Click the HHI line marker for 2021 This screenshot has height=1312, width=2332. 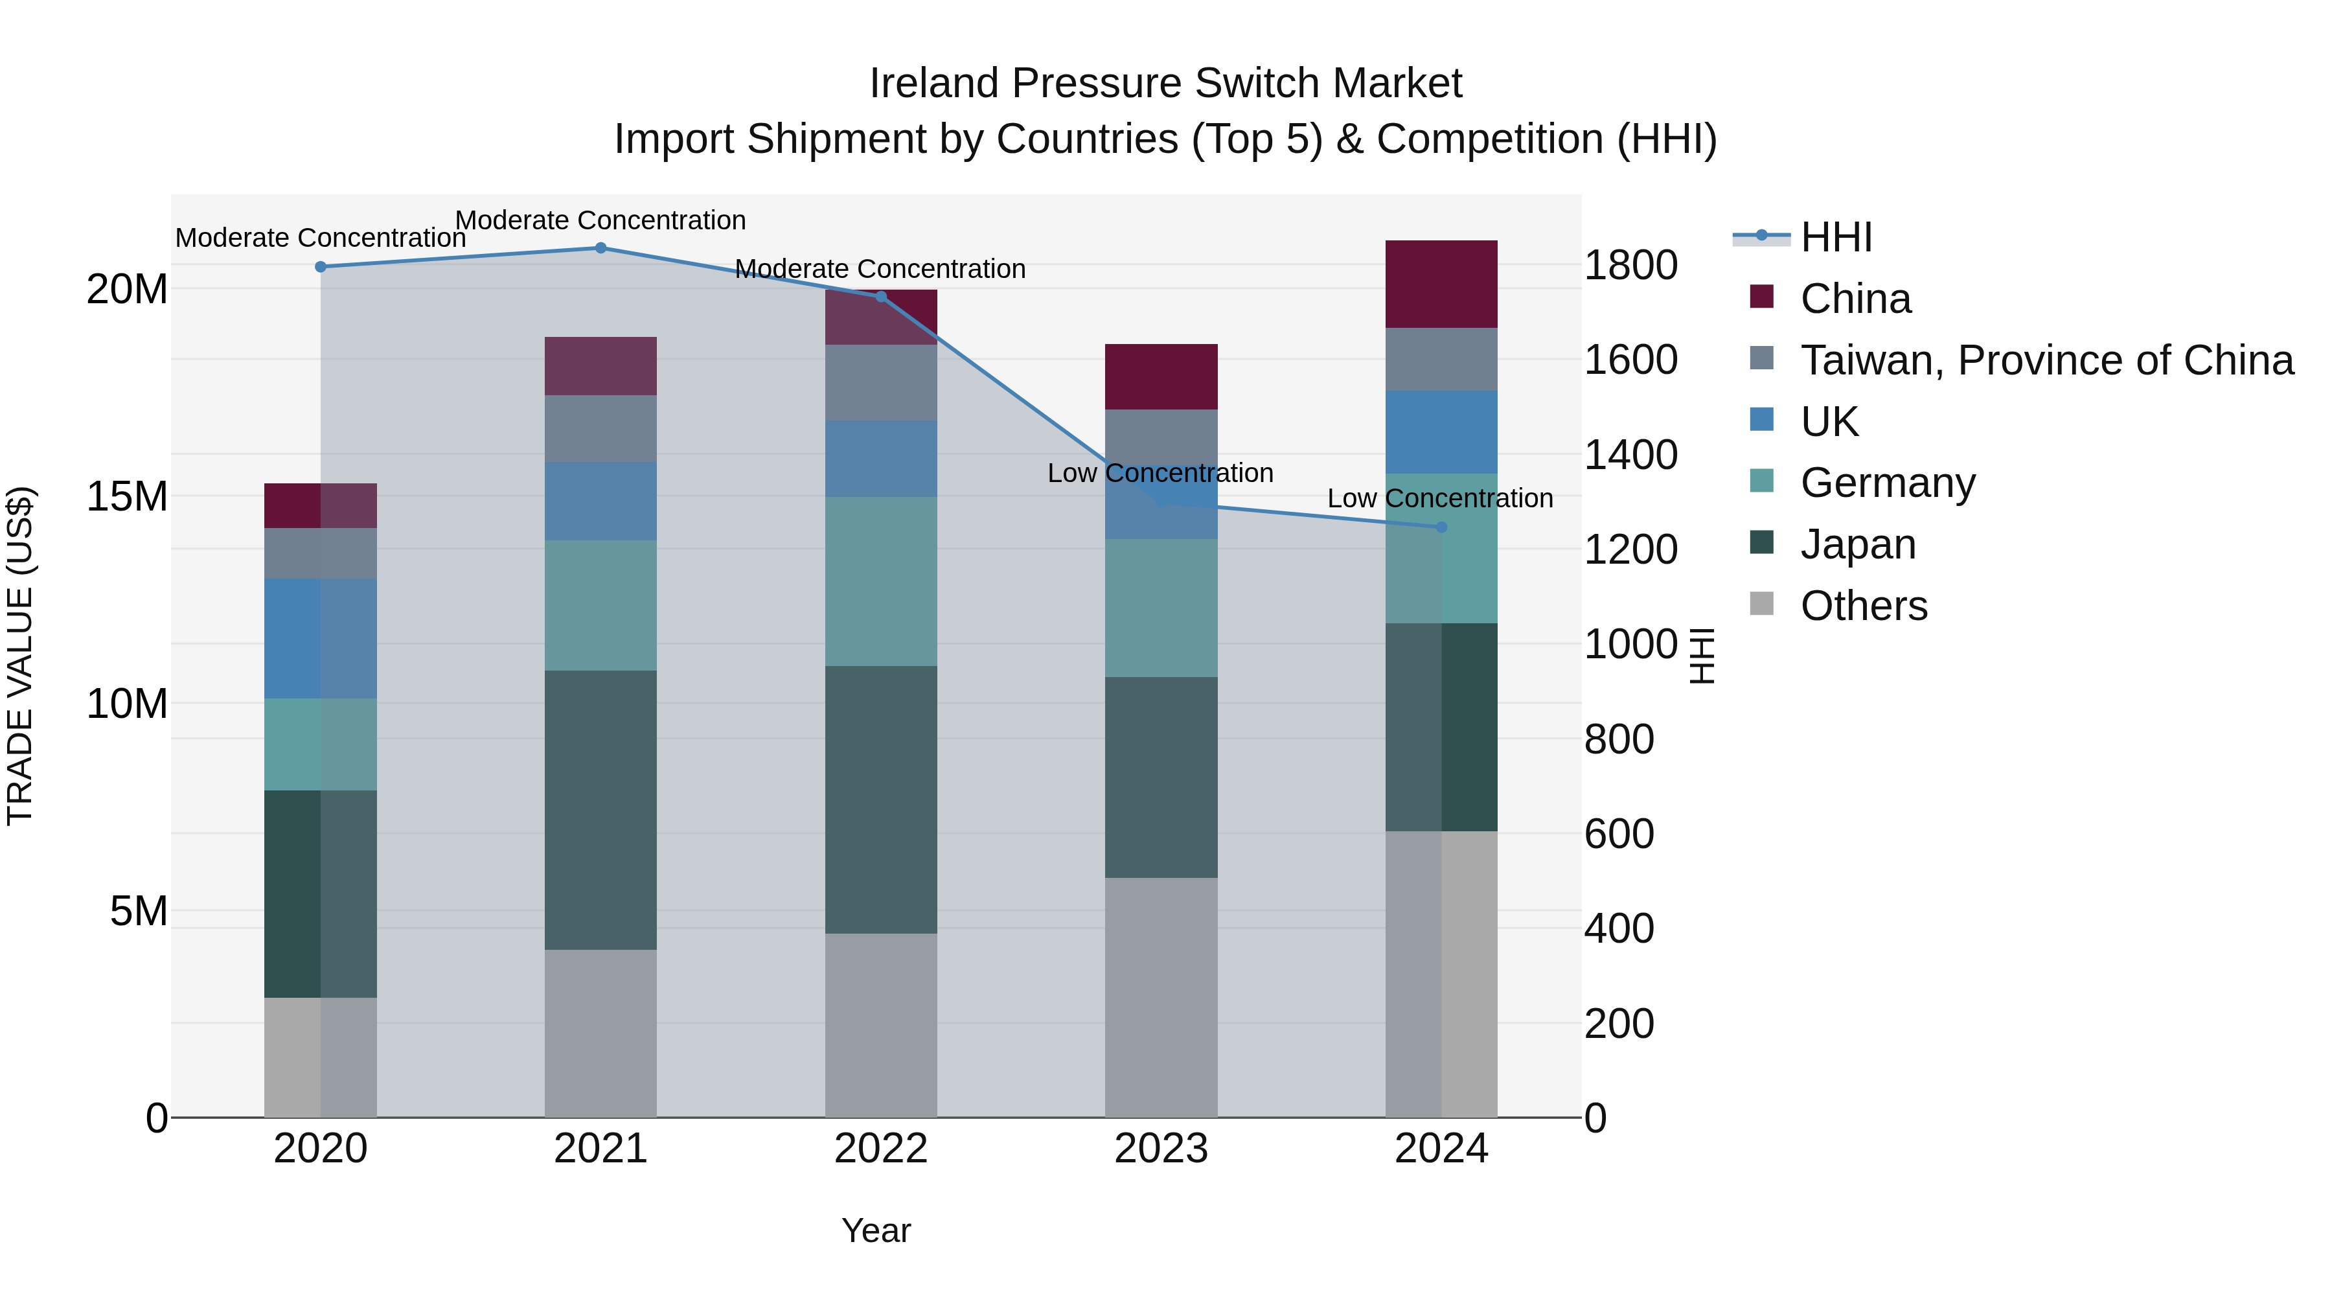pos(600,248)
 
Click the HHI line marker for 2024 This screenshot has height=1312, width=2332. pos(1441,527)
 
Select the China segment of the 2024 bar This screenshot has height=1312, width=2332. pos(1441,284)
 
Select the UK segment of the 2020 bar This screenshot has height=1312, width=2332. pos(321,638)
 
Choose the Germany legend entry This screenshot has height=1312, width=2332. pos(1888,483)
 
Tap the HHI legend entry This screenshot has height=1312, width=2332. pos(1836,237)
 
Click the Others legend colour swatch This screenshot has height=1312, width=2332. pos(1762,604)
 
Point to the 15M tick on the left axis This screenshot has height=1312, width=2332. pos(127,496)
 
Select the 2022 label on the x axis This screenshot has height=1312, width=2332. pos(881,1149)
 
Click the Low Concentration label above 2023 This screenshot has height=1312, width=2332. pos(1161,473)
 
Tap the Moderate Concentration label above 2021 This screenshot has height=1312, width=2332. pos(600,220)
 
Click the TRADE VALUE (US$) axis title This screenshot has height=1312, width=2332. pos(20,656)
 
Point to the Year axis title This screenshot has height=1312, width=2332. pos(875,1230)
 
